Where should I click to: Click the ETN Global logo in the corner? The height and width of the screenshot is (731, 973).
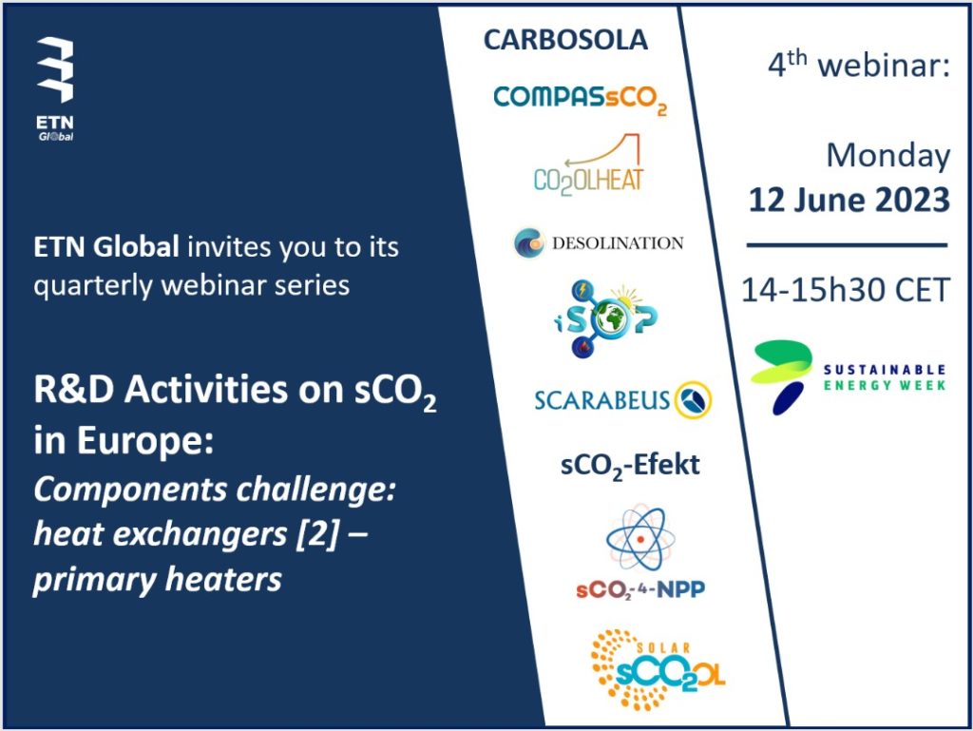click(55, 88)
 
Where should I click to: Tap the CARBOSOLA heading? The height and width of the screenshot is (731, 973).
click(565, 40)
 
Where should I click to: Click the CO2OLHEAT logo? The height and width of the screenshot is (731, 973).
click(588, 164)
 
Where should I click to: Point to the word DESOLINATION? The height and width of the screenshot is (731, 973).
click(618, 242)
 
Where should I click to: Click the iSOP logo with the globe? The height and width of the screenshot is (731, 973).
click(605, 318)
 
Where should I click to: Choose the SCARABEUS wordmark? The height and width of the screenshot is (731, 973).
click(601, 400)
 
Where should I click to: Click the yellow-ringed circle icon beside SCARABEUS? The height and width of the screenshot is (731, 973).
click(693, 399)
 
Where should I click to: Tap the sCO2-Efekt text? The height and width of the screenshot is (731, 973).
click(630, 466)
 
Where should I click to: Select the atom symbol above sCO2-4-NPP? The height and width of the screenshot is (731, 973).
click(640, 538)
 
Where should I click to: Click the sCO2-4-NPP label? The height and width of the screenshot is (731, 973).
click(640, 589)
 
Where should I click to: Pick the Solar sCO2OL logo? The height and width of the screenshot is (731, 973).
click(658, 669)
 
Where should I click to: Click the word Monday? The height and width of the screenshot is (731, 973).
click(888, 155)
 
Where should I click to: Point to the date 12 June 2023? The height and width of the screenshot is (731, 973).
click(849, 200)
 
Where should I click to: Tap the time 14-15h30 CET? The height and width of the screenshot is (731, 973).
click(846, 290)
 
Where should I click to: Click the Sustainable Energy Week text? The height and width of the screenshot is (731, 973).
click(885, 377)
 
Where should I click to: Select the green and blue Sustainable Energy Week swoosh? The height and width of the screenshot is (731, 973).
click(781, 376)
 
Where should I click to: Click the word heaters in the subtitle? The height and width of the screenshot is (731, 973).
click(223, 579)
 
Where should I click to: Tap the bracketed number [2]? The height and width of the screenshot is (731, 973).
click(317, 533)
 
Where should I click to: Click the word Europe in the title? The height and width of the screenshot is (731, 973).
click(144, 440)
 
